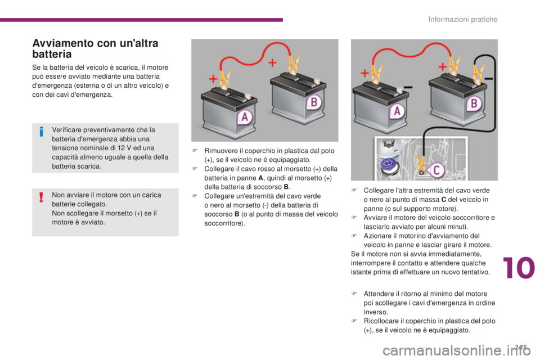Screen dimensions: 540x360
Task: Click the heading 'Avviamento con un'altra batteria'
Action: [x=95, y=48]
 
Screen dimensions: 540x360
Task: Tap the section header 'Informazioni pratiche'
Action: [x=462, y=19]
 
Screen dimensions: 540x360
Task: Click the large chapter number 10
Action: [x=519, y=268]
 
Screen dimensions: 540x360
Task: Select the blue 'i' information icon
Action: [x=41, y=132]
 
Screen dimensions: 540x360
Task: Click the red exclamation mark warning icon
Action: [x=41, y=197]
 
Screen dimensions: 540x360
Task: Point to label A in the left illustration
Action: [x=245, y=117]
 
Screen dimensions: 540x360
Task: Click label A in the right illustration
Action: [x=397, y=111]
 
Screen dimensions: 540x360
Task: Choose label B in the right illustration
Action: [x=474, y=103]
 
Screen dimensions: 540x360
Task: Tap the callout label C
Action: [x=435, y=170]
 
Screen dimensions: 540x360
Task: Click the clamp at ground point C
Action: [x=421, y=165]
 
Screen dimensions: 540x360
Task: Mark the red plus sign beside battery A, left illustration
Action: [x=213, y=79]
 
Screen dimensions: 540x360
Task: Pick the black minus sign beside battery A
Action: [x=408, y=88]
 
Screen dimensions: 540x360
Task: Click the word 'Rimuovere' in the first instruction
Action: [x=220, y=151]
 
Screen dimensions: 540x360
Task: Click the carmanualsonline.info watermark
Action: [x=457, y=350]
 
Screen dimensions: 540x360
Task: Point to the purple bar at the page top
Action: [x=141, y=20]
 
